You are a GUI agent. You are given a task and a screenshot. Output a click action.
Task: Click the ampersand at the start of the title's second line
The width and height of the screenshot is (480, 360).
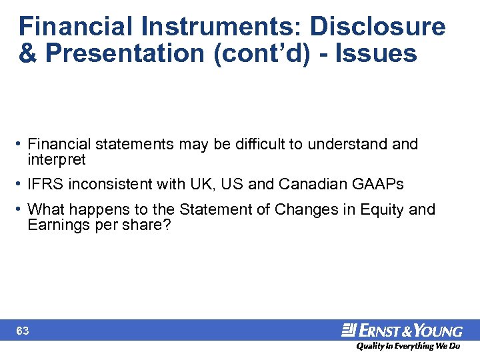(x=29, y=53)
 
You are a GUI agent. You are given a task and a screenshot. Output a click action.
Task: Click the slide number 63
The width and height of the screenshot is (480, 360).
(x=23, y=331)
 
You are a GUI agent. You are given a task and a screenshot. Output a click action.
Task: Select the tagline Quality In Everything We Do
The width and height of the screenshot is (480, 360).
(x=407, y=346)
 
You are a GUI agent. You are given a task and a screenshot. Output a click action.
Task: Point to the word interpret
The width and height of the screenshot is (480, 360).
(x=57, y=160)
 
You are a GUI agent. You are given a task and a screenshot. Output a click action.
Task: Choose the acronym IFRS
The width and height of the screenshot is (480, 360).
(x=46, y=184)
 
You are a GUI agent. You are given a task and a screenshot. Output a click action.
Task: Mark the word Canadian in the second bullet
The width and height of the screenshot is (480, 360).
(x=310, y=184)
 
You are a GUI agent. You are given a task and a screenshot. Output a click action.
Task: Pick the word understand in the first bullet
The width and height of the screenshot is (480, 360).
(x=345, y=144)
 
